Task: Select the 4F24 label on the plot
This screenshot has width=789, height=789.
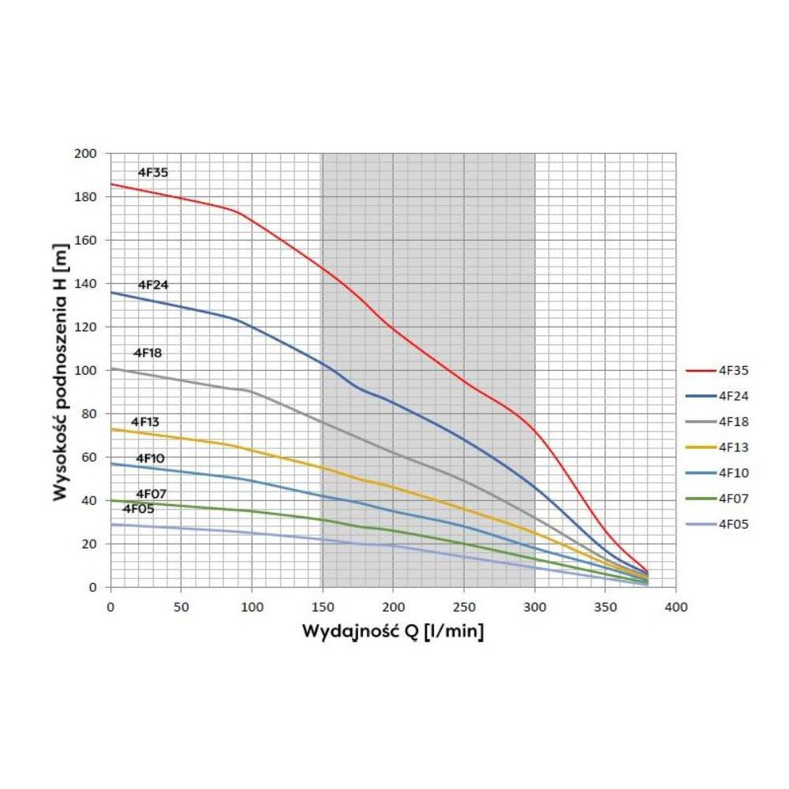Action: pyautogui.click(x=153, y=284)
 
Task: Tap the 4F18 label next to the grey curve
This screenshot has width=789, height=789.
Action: pyautogui.click(x=148, y=353)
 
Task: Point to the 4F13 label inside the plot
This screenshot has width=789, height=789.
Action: pyautogui.click(x=145, y=421)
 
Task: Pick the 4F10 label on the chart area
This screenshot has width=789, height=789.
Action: pyautogui.click(x=150, y=458)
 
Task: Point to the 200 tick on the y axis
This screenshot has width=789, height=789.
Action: pyautogui.click(x=87, y=154)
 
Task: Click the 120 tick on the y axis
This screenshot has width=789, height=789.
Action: pyautogui.click(x=87, y=327)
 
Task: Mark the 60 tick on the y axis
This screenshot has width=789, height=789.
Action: pyautogui.click(x=90, y=458)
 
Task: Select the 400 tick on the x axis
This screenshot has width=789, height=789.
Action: pyautogui.click(x=675, y=608)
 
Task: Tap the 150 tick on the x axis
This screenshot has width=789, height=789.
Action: pyautogui.click(x=322, y=608)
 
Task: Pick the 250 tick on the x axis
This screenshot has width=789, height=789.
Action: pyautogui.click(x=463, y=608)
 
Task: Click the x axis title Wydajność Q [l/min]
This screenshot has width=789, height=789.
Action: pyautogui.click(x=393, y=632)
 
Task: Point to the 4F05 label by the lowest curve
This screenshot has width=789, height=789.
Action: pyautogui.click(x=138, y=509)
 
